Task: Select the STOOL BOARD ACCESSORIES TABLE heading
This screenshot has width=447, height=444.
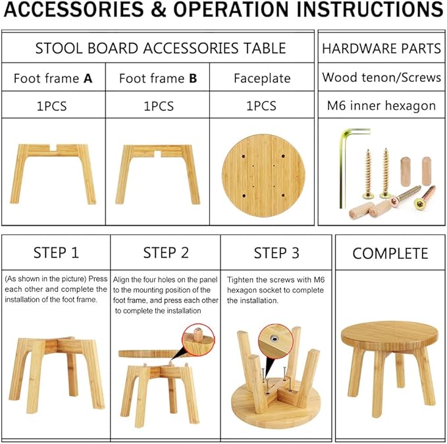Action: [160, 48]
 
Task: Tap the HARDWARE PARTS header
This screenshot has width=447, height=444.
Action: [381, 48]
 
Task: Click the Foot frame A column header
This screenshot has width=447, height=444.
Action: [53, 78]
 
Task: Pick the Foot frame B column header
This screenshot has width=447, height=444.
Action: [158, 78]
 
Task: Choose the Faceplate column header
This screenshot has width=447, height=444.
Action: [262, 78]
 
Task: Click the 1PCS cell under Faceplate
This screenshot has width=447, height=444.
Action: [262, 105]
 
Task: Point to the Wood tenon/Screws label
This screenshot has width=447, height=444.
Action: [381, 77]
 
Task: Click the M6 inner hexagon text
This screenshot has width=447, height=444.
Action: [381, 105]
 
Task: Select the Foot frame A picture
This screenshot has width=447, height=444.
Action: [53, 171]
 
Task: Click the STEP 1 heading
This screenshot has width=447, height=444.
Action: [56, 253]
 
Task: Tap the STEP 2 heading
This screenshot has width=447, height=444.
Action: [166, 253]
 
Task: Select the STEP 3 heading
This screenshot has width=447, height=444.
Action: [276, 253]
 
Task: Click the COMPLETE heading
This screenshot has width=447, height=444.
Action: [390, 253]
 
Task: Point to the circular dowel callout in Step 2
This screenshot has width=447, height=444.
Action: [198, 339]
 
